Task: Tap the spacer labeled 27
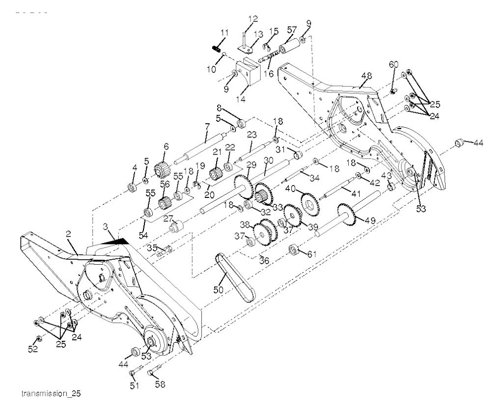(x=176, y=228)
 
